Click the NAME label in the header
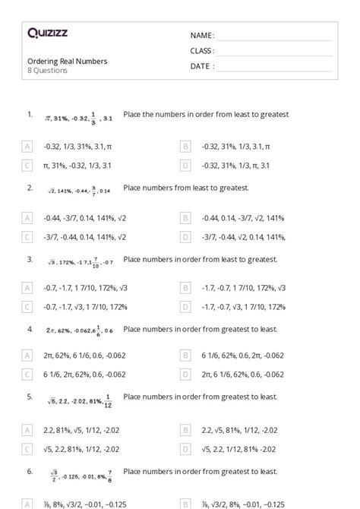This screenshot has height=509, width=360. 202,36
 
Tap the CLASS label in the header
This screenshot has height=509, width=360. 202,51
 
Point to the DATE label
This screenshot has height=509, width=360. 201,66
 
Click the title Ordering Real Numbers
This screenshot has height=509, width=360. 67,61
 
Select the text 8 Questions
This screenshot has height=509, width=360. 47,71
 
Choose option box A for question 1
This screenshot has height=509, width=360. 27,146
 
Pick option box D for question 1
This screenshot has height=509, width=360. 185,164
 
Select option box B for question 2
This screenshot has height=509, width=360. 185,218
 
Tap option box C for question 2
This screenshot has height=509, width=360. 27,236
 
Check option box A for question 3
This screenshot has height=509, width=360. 27,289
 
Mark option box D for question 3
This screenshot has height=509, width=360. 185,307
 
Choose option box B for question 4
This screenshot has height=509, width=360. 185,355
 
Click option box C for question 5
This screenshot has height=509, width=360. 27,449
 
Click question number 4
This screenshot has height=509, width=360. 30,329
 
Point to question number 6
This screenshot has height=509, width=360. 30,471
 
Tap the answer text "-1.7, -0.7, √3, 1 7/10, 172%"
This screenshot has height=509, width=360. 244,307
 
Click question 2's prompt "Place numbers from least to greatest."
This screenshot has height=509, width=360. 185,187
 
